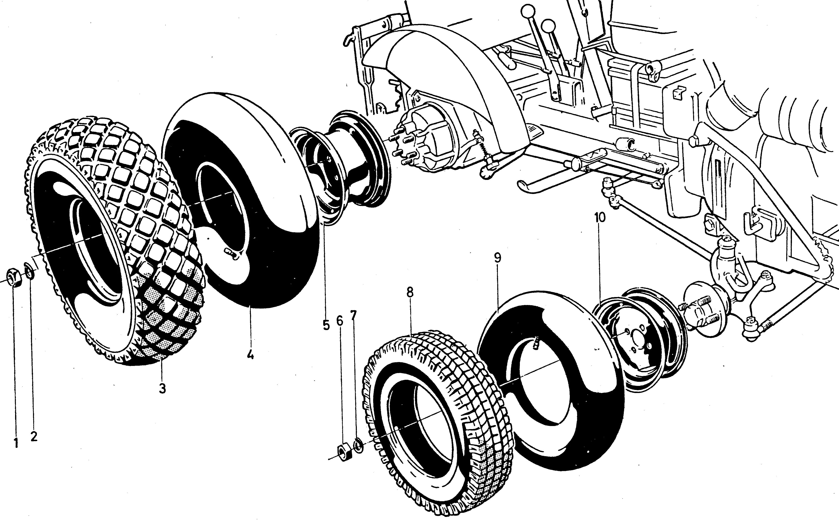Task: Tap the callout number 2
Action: point(34,437)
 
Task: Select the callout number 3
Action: point(162,389)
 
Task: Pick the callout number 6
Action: point(340,321)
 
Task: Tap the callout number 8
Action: point(410,292)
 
